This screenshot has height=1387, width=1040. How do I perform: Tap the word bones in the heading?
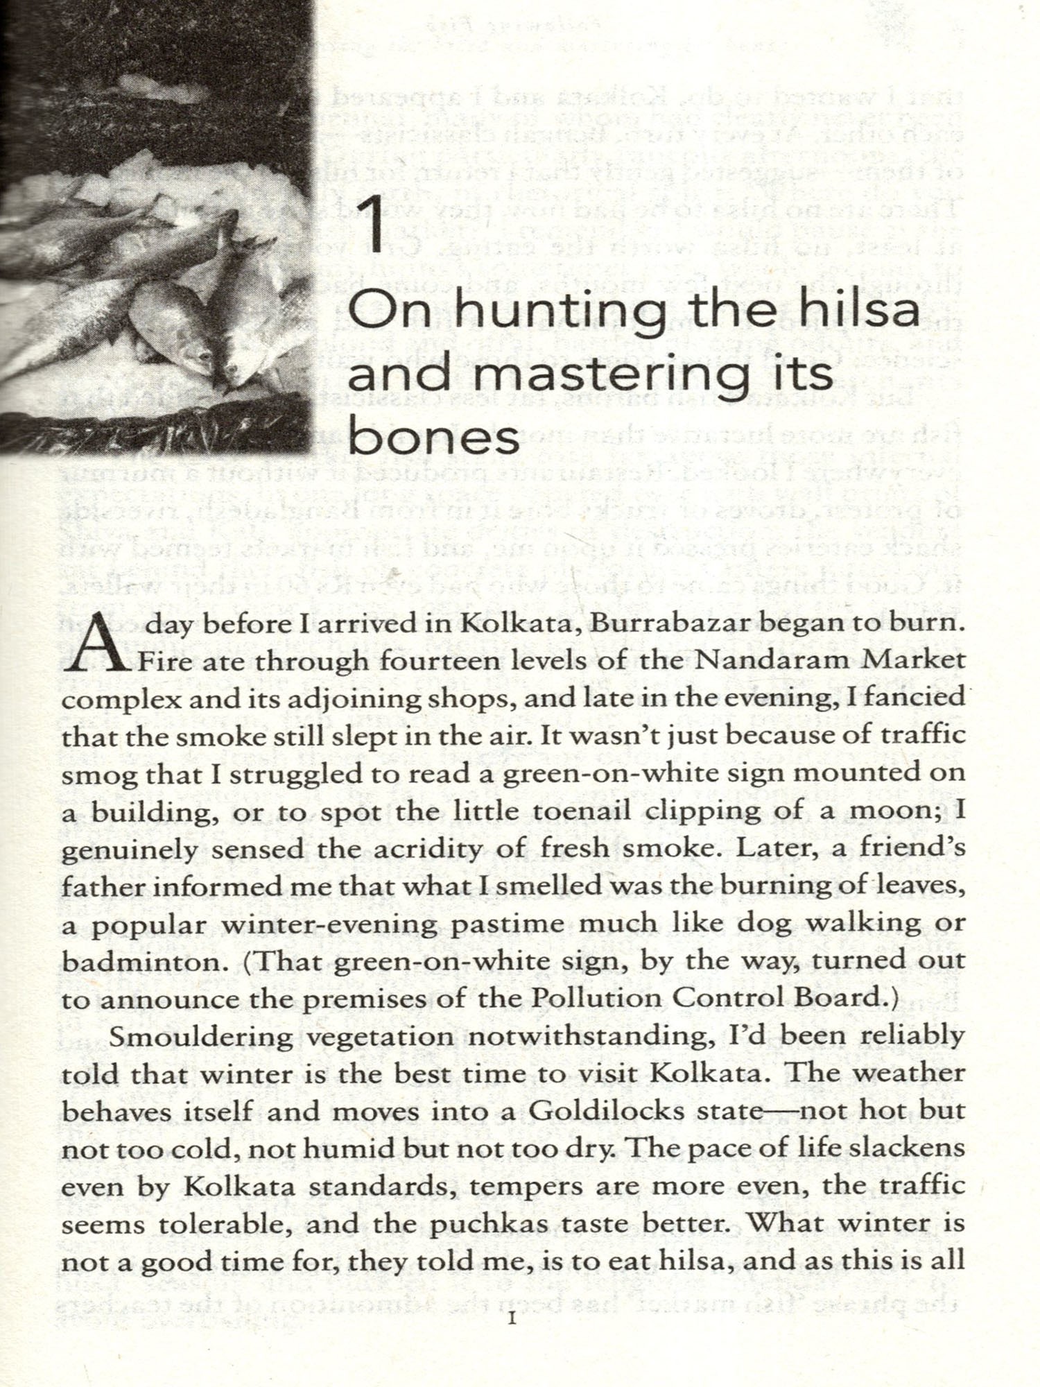433,439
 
